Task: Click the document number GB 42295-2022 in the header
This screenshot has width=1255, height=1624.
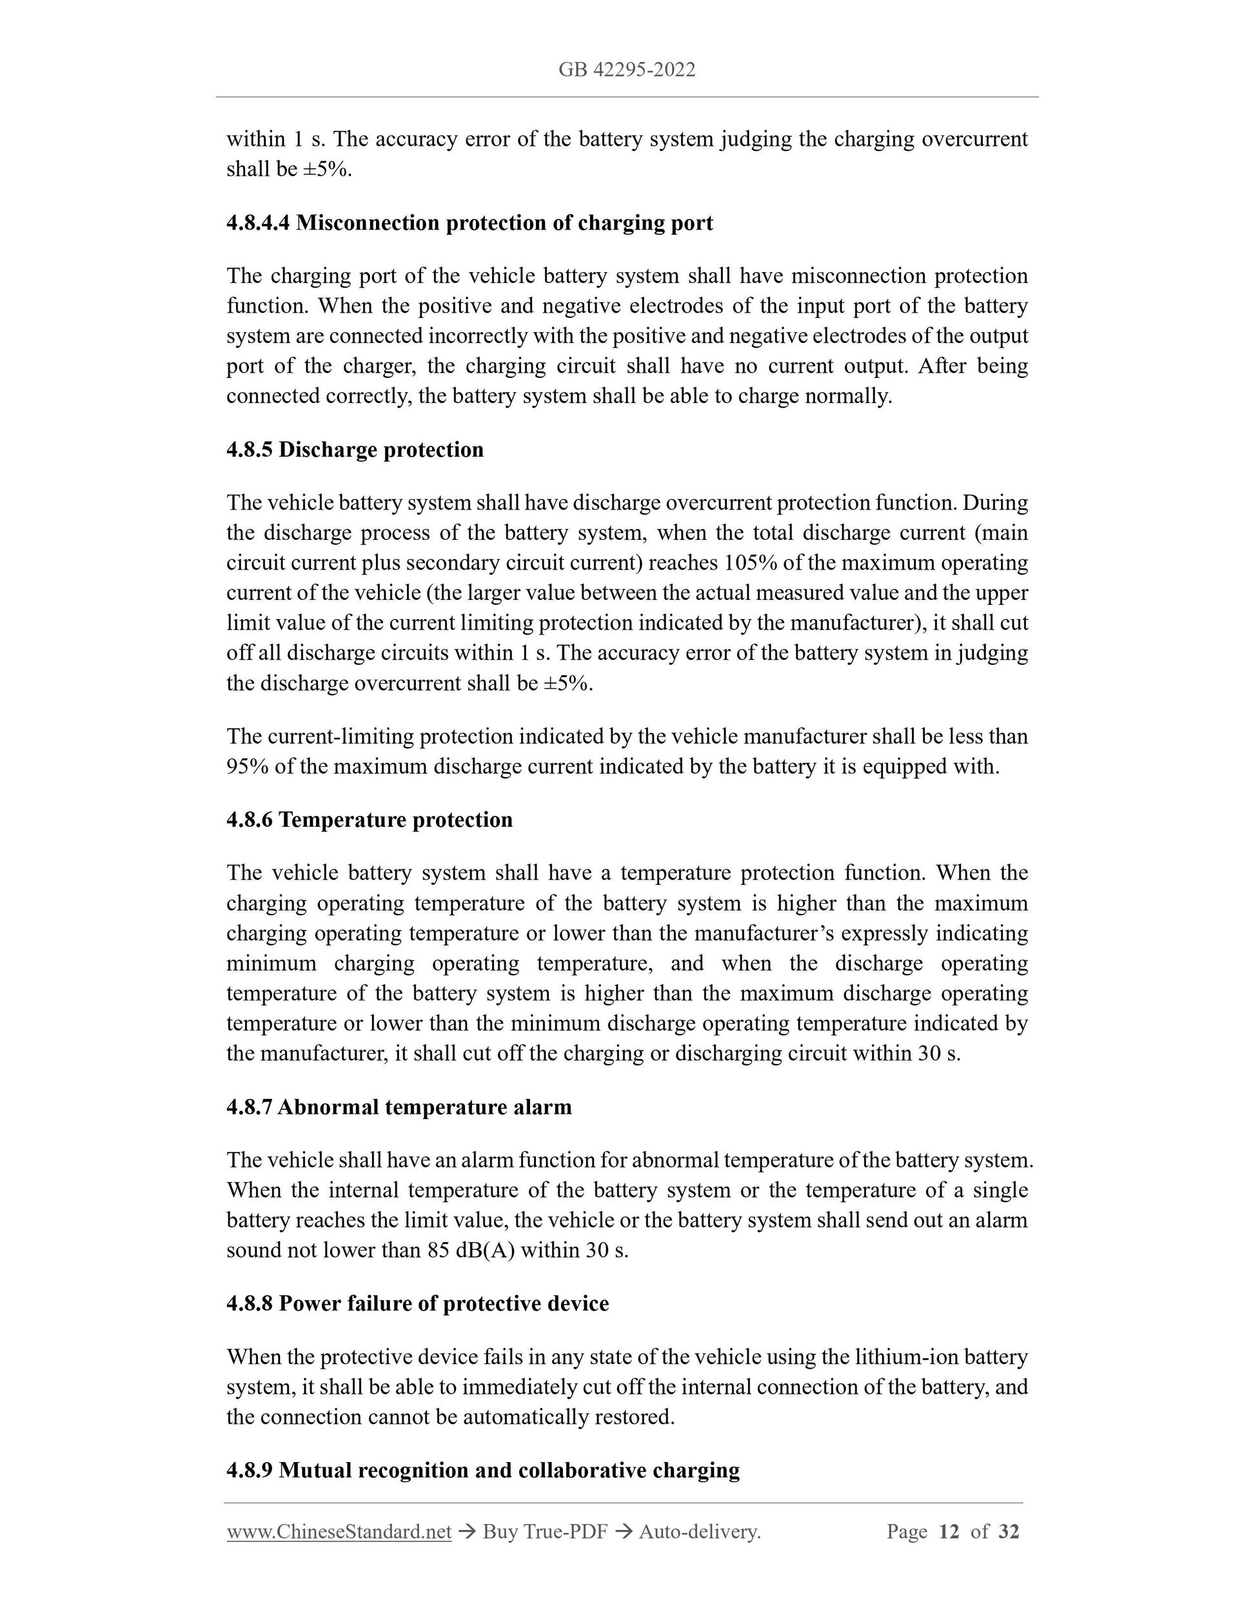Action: tap(627, 70)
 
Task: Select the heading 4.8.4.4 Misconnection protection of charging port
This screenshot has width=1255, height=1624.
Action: tap(469, 223)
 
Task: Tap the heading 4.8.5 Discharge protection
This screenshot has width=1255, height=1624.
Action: tap(355, 450)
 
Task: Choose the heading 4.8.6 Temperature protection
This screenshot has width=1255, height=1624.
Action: tap(370, 820)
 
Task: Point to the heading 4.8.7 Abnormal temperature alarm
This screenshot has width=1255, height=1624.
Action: tap(399, 1107)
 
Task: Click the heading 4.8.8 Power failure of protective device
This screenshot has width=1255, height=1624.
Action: tap(417, 1303)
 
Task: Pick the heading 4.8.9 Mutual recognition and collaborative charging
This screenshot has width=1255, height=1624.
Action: tap(482, 1470)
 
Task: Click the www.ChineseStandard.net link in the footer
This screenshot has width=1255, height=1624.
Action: tap(339, 1532)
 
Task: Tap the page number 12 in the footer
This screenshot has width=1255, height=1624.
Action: tap(949, 1532)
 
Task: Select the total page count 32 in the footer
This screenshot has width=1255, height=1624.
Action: tap(1008, 1532)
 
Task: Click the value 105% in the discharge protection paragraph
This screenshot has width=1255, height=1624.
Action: tap(750, 563)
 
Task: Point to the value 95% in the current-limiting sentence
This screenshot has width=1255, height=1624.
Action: tap(247, 767)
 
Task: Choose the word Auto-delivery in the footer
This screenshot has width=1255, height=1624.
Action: tap(698, 1532)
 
